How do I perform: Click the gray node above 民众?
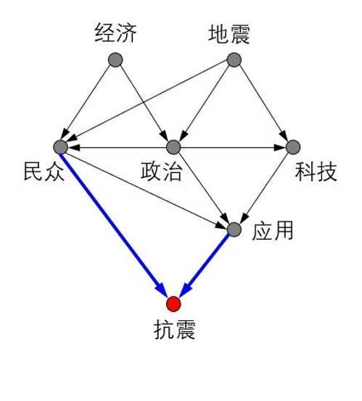pos(60,147)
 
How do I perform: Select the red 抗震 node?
pos(173,304)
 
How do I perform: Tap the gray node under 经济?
pos(115,60)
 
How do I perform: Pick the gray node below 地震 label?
pos(234,60)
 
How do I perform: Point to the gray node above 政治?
pos(173,147)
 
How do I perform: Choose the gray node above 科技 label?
pos(293,147)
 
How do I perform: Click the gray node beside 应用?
pos(234,230)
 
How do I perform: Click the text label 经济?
pos(115,33)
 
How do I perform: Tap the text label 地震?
pos(229,34)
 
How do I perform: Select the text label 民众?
pos(44,171)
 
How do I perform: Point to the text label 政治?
pos(162,171)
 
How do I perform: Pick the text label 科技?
pos(316,171)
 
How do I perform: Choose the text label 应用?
pos(273,230)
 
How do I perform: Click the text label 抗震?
pos(175,330)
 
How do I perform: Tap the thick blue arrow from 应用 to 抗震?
pos(205,265)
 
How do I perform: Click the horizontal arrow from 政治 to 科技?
pos(233,147)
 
